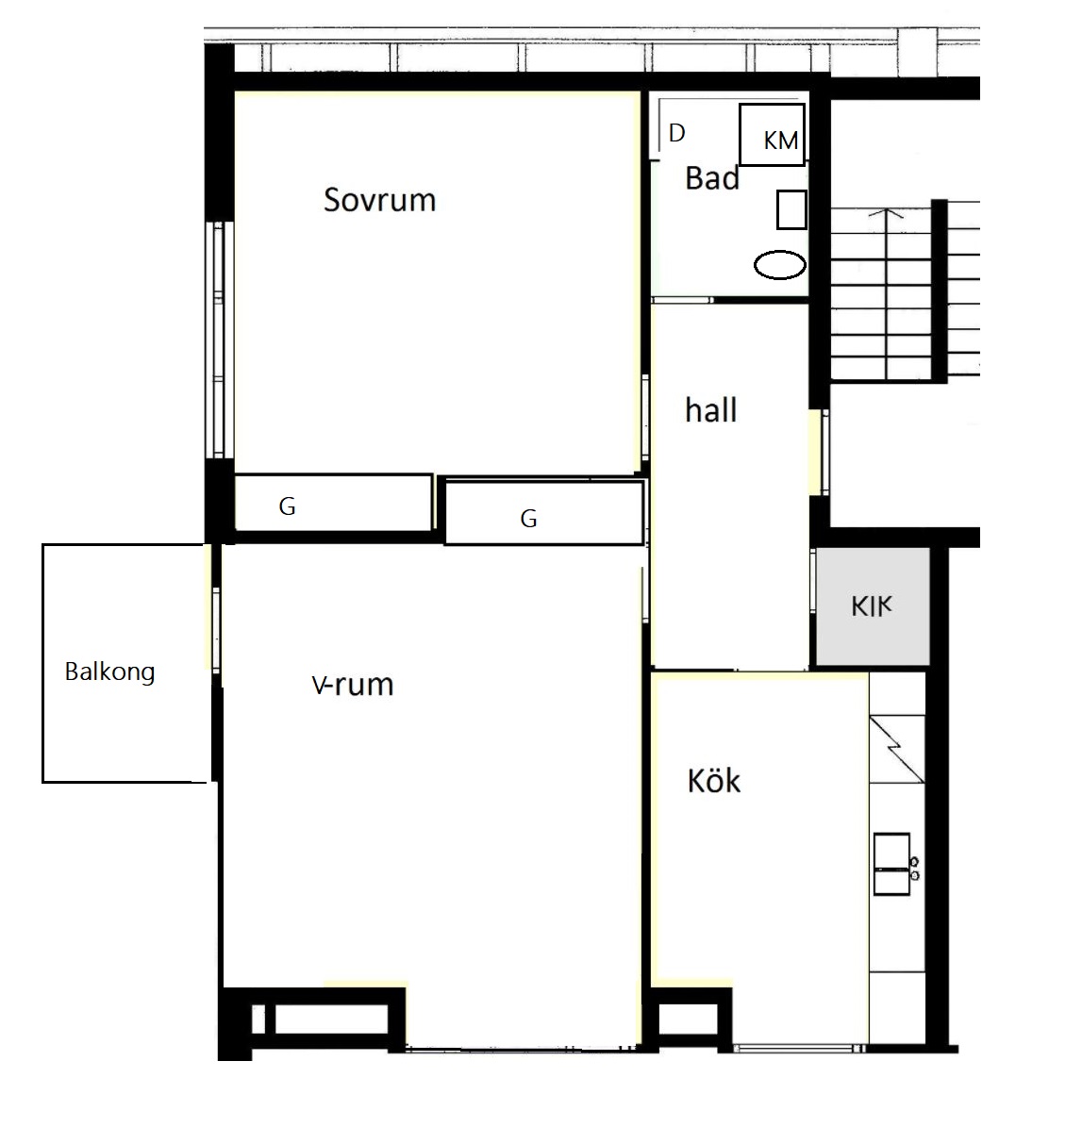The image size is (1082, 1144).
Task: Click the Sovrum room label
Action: click(379, 200)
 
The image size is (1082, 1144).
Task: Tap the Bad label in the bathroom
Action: click(712, 178)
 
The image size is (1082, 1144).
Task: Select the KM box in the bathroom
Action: click(772, 135)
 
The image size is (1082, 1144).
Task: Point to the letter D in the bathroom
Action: click(677, 133)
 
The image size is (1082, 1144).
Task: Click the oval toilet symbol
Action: click(779, 265)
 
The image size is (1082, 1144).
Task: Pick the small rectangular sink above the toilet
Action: click(791, 209)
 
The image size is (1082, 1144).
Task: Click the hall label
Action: click(710, 409)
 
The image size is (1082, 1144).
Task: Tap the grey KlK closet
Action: click(872, 605)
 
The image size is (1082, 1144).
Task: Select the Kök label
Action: click(713, 781)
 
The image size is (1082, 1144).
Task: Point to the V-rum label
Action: click(353, 685)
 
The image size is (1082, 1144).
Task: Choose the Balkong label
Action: click(110, 671)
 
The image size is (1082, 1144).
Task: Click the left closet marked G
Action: click(333, 503)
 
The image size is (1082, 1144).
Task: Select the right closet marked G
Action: click(543, 513)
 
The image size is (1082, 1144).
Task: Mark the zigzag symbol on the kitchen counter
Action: click(897, 750)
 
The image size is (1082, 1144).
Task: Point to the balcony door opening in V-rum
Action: click(215, 631)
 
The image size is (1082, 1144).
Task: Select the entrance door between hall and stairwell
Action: click(824, 452)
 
